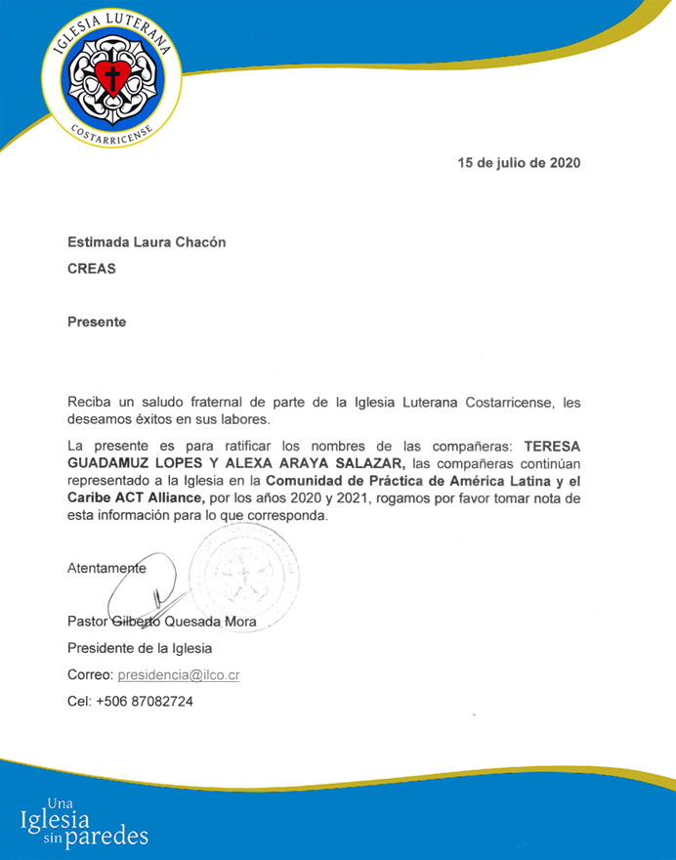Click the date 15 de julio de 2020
click(x=519, y=163)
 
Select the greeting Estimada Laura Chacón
click(x=147, y=242)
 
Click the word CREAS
click(x=91, y=268)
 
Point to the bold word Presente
click(x=97, y=322)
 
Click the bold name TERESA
click(x=552, y=447)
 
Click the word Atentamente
click(x=106, y=567)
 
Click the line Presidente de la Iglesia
click(x=140, y=648)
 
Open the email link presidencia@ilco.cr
click(x=179, y=674)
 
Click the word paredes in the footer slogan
click(x=107, y=838)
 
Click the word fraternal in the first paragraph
click(x=220, y=403)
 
